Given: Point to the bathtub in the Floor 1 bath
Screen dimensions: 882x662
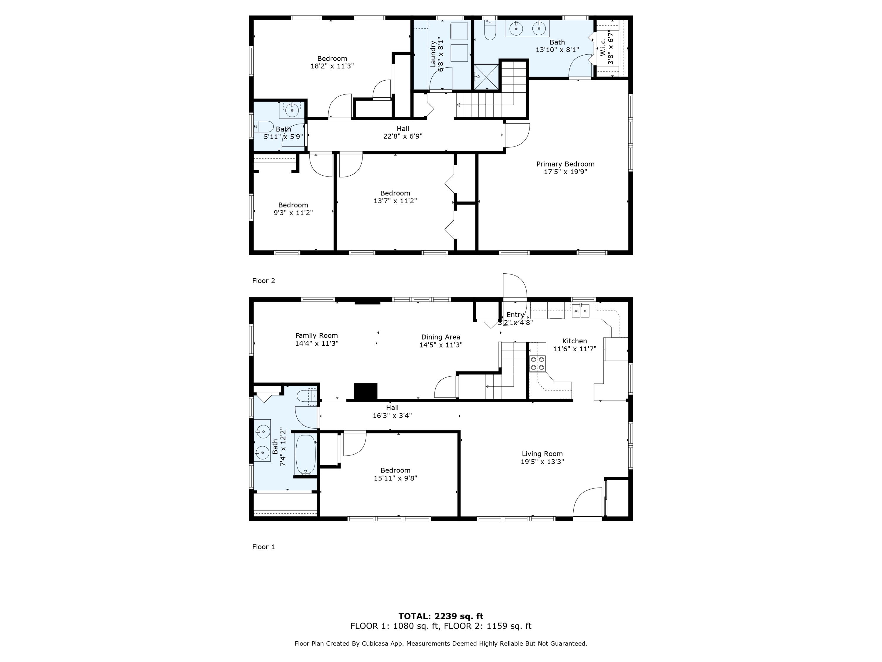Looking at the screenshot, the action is click(x=306, y=455).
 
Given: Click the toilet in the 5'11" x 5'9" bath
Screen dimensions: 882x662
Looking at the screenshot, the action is click(x=263, y=127).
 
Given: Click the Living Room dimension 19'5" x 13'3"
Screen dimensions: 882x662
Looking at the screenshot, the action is click(x=542, y=462).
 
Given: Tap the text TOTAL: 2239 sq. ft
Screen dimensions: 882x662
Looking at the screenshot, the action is click(x=441, y=616).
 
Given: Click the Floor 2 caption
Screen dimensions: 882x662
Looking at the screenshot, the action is click(x=263, y=281).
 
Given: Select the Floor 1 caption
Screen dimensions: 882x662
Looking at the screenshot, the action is click(x=263, y=547).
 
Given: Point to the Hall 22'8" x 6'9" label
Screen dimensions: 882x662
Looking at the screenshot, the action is click(x=403, y=132).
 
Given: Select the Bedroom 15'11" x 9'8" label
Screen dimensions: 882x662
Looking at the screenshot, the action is click(x=395, y=474).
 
